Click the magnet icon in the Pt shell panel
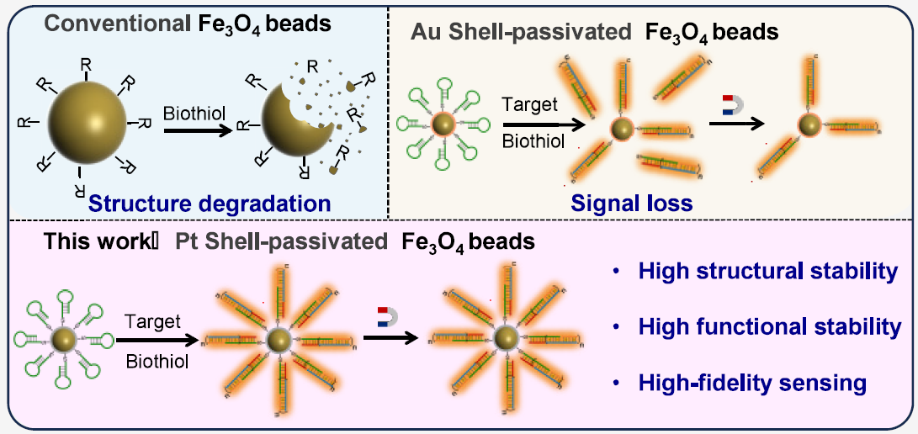(x=389, y=317)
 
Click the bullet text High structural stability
(x=766, y=273)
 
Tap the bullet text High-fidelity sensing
(x=752, y=383)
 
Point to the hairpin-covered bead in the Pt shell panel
(x=63, y=340)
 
